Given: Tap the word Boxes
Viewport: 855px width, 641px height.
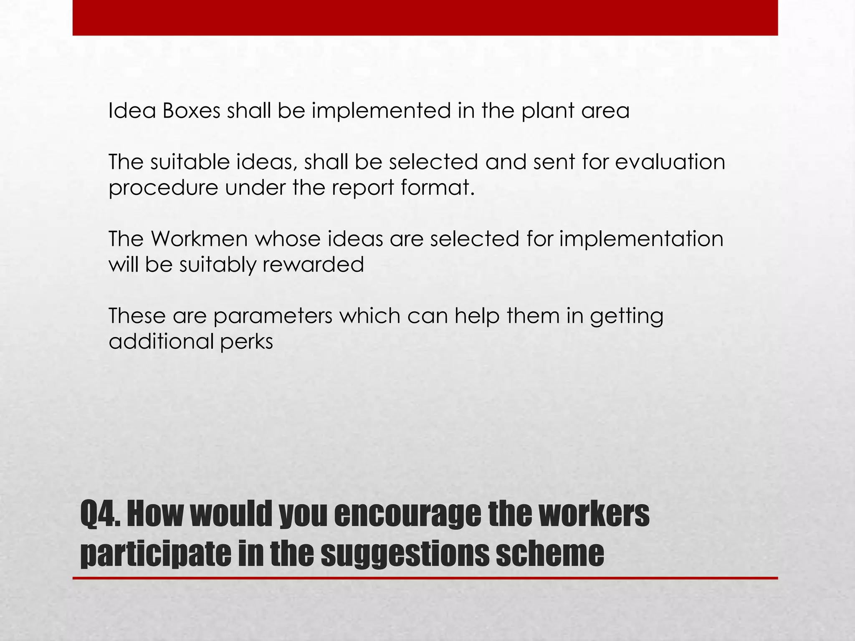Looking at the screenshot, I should tap(191, 111).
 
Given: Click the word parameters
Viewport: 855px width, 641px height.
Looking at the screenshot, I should tap(273, 316).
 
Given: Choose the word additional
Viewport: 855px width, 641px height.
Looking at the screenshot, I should tap(161, 341).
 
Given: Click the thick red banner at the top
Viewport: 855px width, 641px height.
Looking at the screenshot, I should tap(425, 18).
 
